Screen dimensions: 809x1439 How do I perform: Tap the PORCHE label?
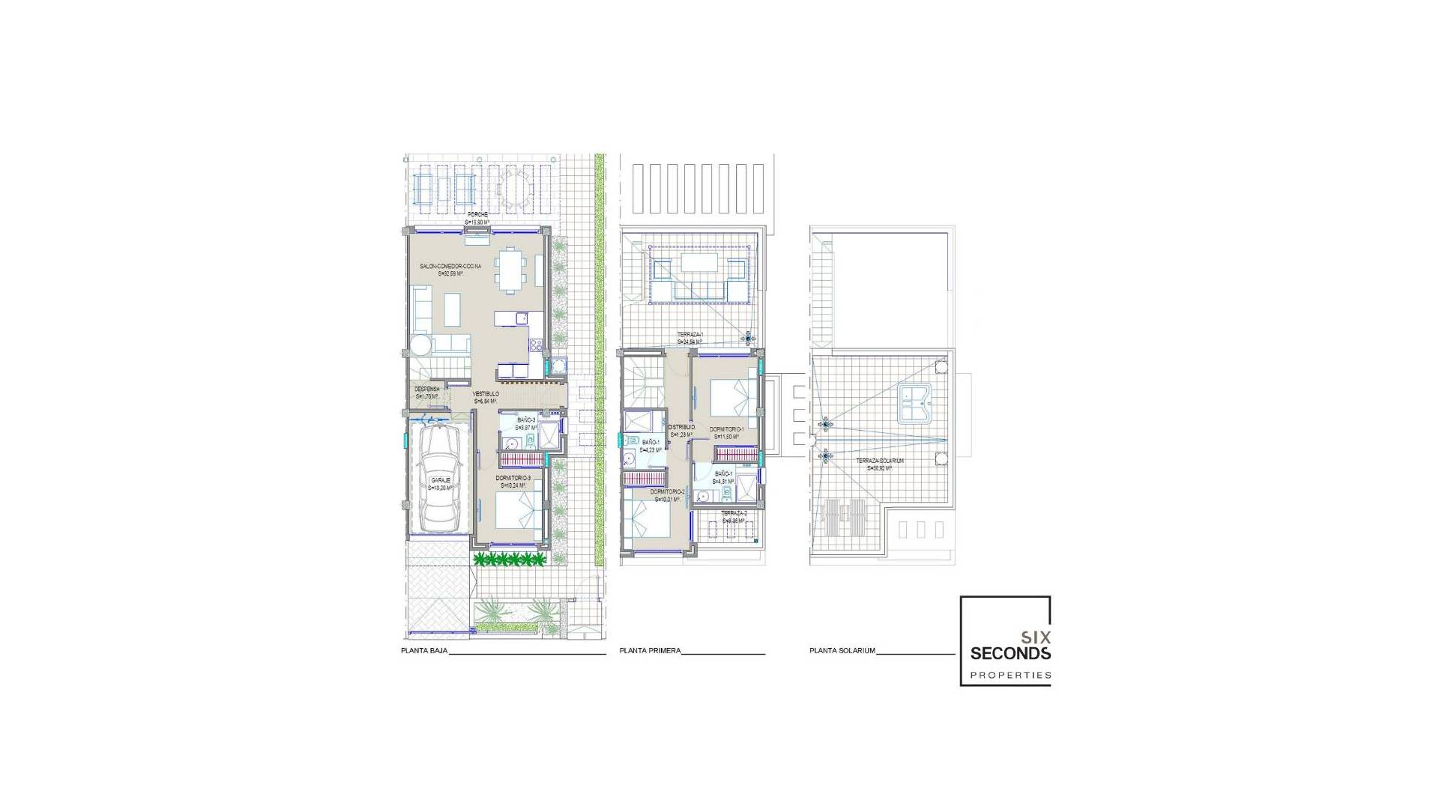coord(477,215)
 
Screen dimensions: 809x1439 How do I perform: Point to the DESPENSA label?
coord(427,389)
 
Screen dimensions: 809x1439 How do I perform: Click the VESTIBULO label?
coord(486,394)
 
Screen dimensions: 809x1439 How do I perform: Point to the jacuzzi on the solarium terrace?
coord(912,406)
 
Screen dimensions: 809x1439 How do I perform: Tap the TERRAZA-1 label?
coord(690,335)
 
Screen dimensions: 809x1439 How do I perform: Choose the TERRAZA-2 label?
coord(734,514)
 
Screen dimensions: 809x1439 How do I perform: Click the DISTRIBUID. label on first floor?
coord(681,428)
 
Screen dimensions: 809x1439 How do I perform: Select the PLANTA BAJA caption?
coord(424,651)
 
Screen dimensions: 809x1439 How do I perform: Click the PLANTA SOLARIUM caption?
coord(842,651)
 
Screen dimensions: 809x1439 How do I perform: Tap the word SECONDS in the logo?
coord(1010,653)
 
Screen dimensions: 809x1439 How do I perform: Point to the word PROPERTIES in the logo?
coord(1010,675)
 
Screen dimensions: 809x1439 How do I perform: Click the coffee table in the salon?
coord(453,309)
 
